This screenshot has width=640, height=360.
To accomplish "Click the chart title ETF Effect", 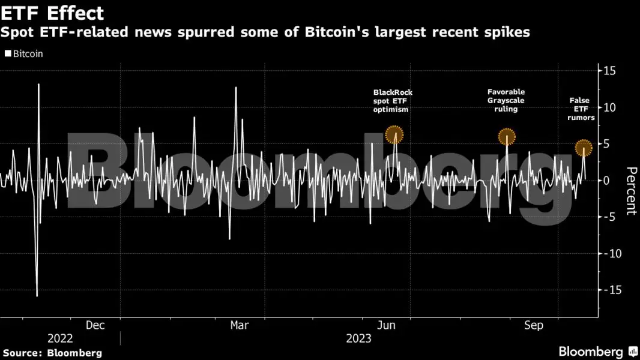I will point(53,13).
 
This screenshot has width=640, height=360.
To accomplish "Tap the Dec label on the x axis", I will point(95,325).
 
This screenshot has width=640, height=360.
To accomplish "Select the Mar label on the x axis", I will point(240,325).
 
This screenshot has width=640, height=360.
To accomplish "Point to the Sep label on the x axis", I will point(533,325).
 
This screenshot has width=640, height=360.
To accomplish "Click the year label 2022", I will point(60,338).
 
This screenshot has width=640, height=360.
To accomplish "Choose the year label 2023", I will point(359,338).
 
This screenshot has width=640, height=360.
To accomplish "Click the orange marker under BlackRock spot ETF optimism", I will point(394,135).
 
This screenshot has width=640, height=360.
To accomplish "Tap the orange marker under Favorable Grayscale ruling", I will point(507,136).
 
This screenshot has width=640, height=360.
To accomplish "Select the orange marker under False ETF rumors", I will point(584,147).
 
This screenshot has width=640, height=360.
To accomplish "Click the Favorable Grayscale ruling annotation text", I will point(506,101).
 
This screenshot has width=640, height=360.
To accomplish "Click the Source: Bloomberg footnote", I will point(52,353).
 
